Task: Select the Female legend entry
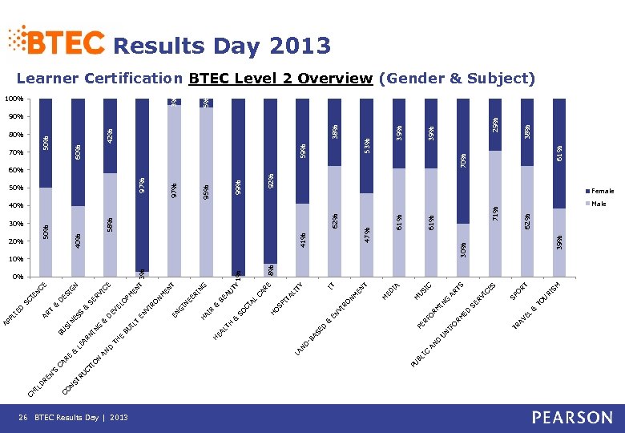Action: point(603,191)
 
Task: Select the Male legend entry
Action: point(599,204)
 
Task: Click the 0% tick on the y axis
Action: point(17,277)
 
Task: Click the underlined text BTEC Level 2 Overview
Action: point(280,78)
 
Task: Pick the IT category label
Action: point(331,284)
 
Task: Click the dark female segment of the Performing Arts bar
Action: point(463,160)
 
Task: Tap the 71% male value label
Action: point(495,212)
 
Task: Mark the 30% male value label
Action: point(463,250)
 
